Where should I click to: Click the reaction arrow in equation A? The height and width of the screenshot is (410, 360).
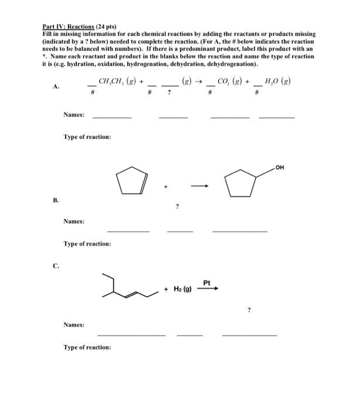199,82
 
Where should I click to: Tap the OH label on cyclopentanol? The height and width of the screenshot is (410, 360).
281,168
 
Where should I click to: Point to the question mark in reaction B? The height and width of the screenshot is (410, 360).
176,206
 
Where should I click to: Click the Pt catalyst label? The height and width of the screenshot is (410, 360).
206,283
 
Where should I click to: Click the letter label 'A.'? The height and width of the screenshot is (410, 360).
56,86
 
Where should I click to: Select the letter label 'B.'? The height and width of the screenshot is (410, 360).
56,199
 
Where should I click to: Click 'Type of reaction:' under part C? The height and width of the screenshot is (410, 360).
87,348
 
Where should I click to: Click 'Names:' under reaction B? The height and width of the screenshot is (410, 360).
74,221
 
